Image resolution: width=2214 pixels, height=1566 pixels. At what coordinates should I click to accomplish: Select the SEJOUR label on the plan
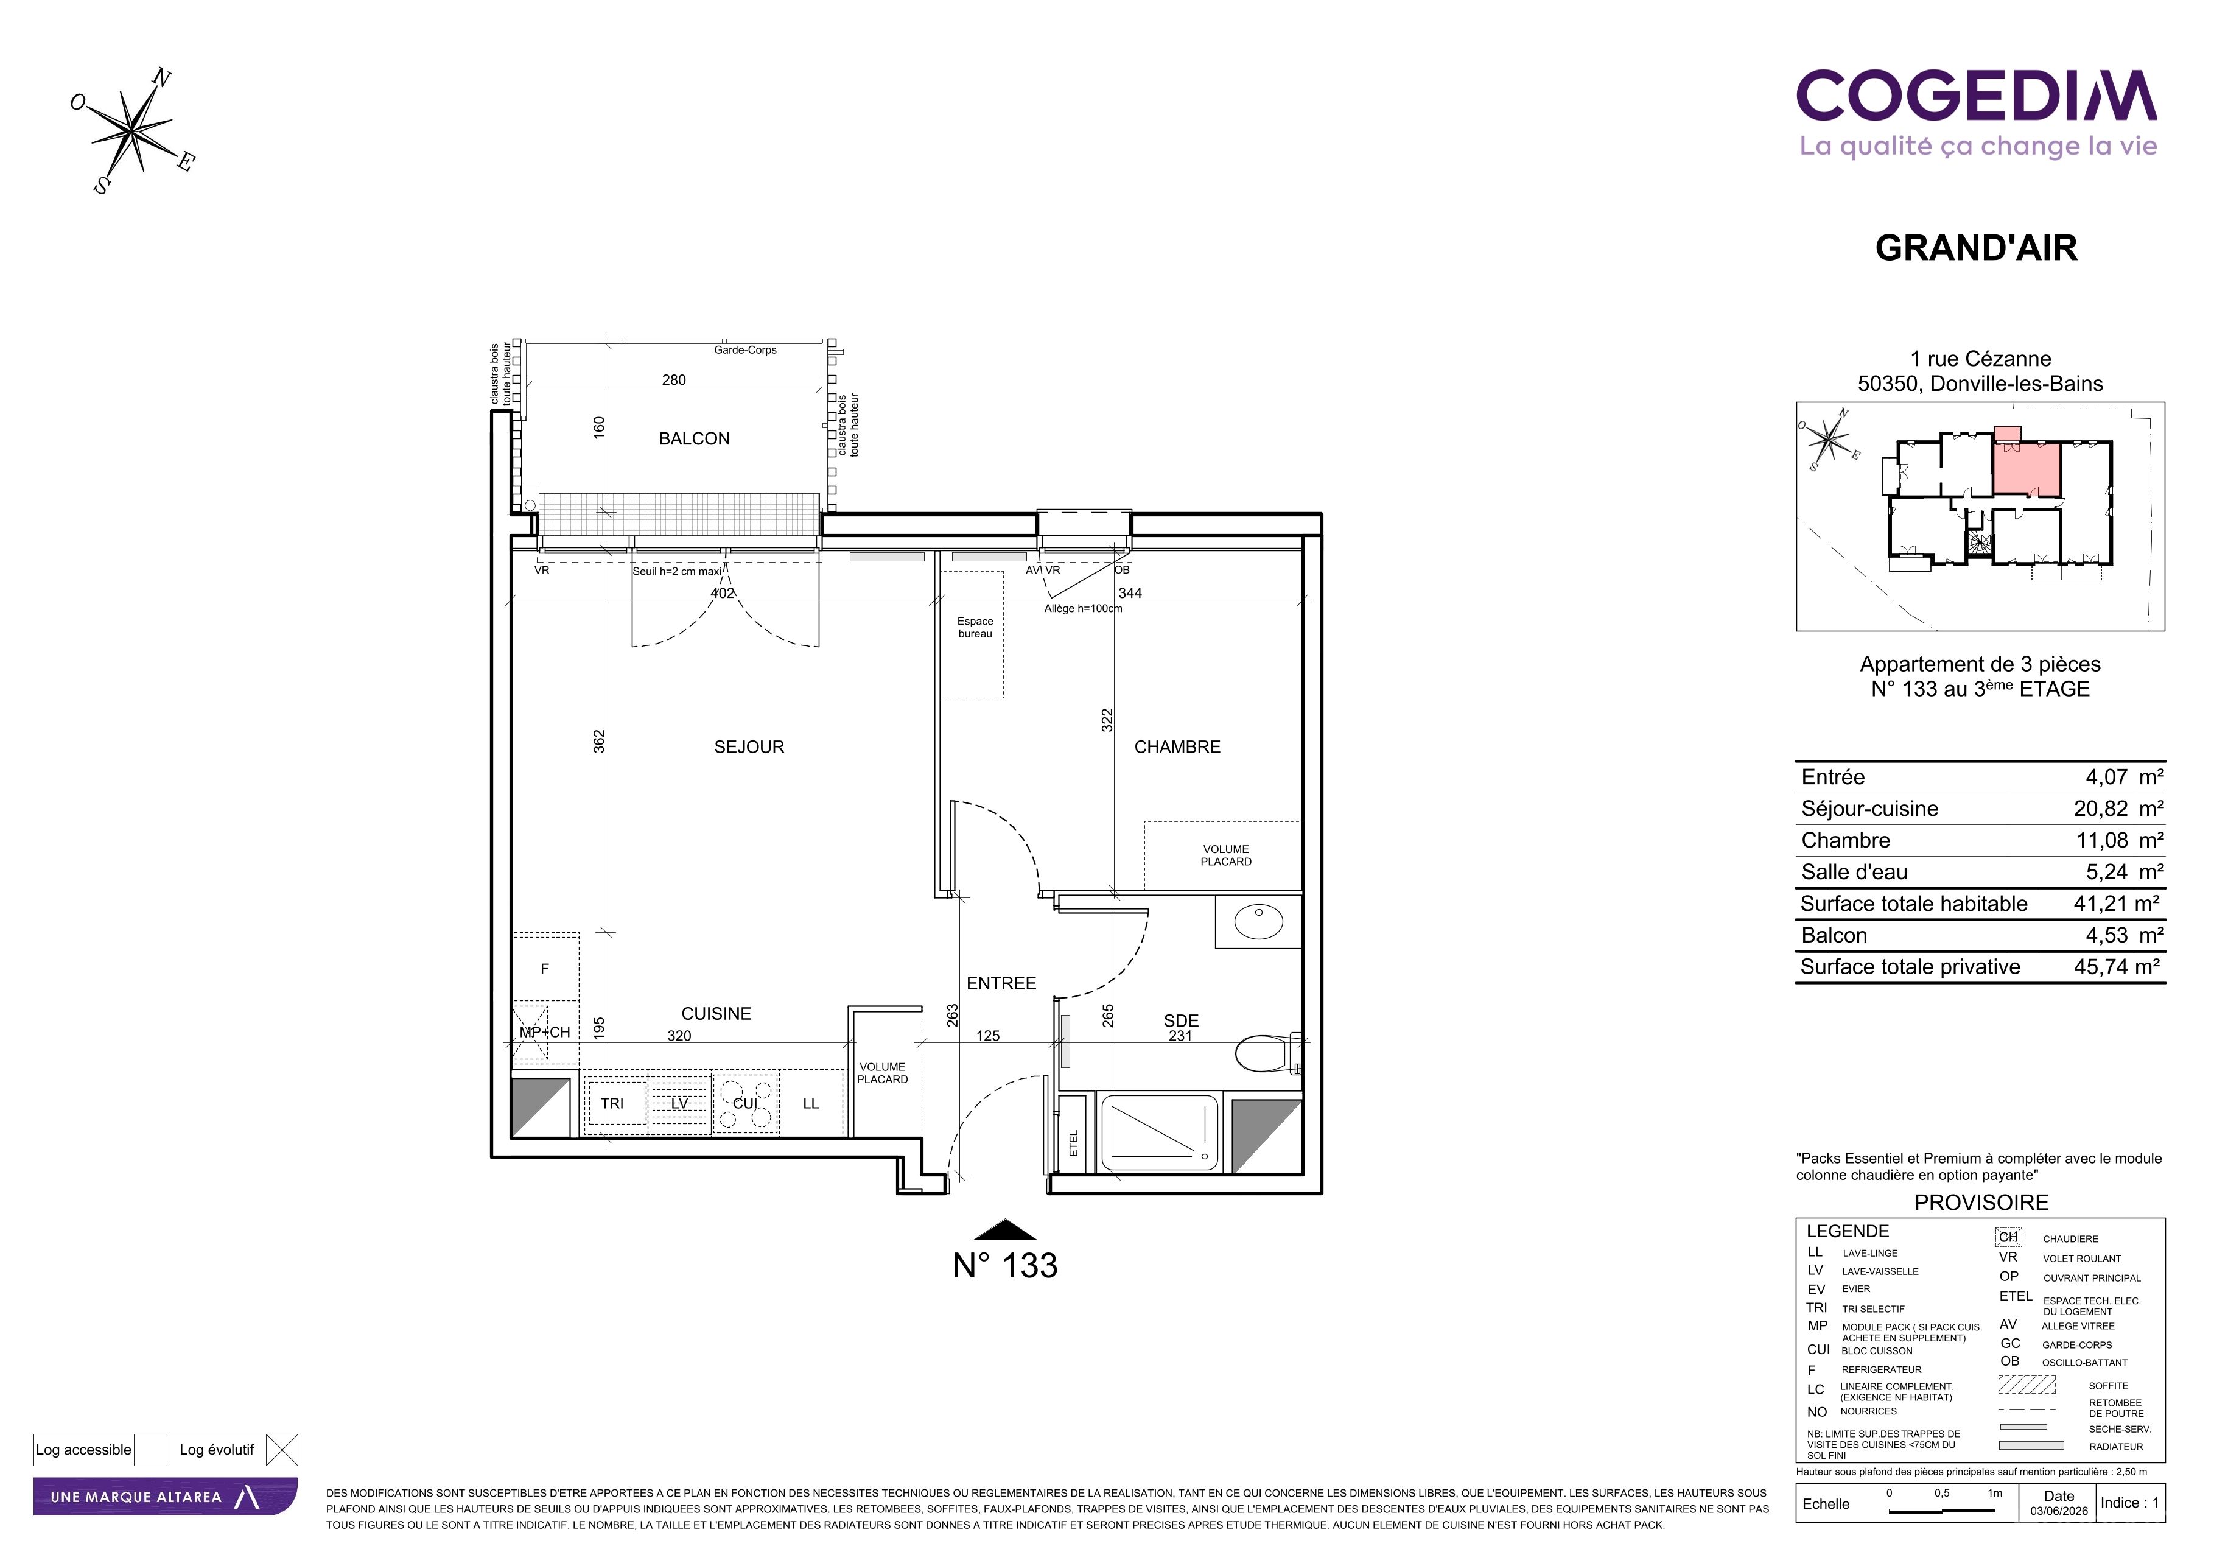tap(749, 747)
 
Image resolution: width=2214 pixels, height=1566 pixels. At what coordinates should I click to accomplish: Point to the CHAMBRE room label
tap(1177, 747)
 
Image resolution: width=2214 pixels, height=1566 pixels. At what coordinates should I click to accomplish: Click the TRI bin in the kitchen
tap(612, 1103)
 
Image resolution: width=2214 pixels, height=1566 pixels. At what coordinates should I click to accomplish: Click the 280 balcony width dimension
tap(674, 380)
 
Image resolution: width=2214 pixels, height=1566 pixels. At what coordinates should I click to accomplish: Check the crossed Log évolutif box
tap(282, 1450)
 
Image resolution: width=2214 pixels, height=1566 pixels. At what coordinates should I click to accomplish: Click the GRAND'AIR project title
tap(1976, 248)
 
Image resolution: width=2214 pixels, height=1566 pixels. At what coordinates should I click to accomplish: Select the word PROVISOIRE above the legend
tap(1981, 1204)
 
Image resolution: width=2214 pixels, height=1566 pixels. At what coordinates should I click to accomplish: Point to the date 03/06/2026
tap(2059, 1511)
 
